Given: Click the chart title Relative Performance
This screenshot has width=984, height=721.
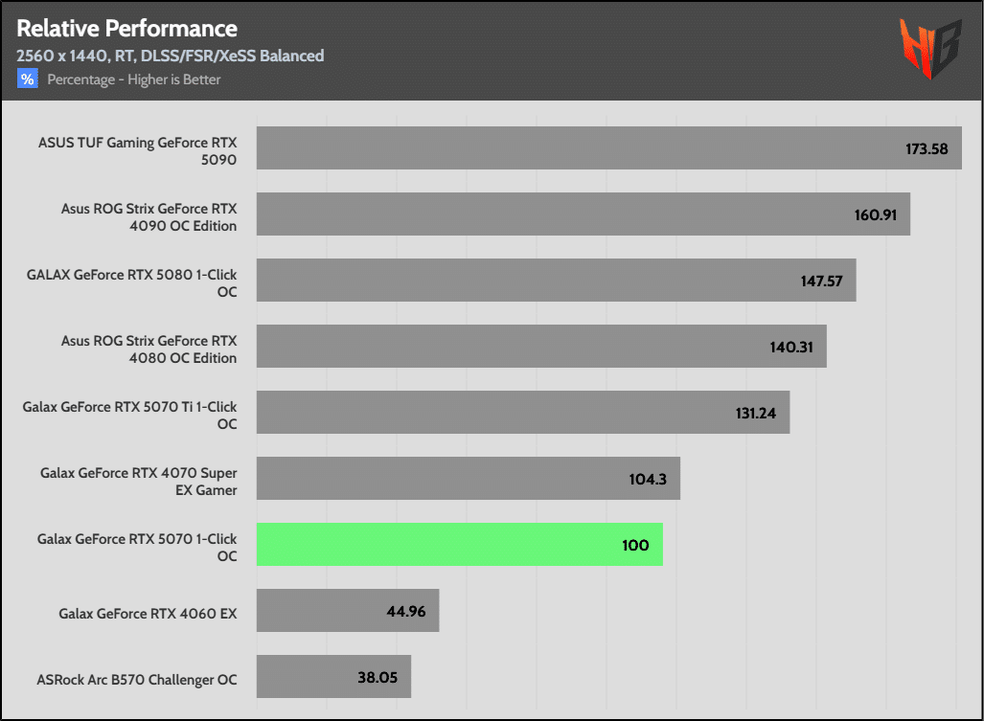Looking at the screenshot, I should (x=126, y=28).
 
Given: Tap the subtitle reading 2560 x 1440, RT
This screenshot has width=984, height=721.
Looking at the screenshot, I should (x=170, y=56).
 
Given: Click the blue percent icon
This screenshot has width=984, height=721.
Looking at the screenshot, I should (x=27, y=79).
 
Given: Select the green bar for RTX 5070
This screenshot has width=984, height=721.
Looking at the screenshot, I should (x=459, y=544).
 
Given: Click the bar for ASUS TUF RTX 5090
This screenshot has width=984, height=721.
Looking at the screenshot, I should (x=608, y=147).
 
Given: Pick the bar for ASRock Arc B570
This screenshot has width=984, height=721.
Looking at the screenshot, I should (x=333, y=676).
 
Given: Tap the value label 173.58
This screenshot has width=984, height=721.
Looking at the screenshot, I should (x=927, y=148).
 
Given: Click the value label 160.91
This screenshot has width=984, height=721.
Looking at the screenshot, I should (x=875, y=214).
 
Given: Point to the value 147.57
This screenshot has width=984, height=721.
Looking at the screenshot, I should (x=821, y=281).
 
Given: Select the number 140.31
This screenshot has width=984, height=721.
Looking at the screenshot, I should (x=791, y=347).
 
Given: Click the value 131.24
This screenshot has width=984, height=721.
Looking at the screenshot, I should (x=754, y=413).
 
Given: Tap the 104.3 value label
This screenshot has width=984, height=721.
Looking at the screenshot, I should (x=649, y=479).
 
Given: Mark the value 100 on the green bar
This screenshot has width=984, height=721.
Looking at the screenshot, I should (x=634, y=545).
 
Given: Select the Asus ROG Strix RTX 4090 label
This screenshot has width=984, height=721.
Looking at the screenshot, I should (x=149, y=216).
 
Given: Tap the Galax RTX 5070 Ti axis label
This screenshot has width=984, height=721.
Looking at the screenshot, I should (x=129, y=415).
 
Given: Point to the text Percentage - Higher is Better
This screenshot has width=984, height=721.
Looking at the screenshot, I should (x=134, y=79).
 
